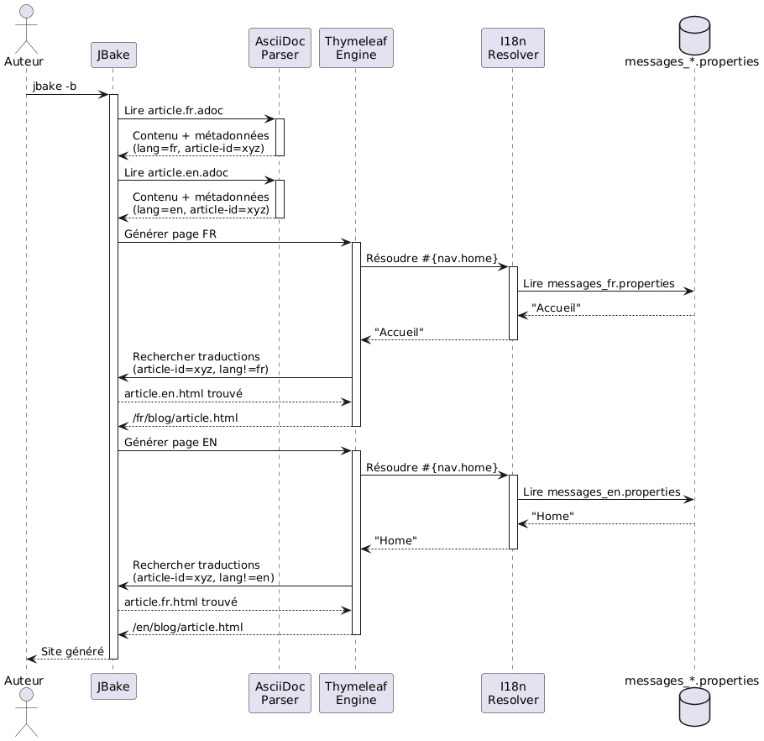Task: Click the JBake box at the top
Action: tap(113, 55)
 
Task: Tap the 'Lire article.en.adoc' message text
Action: tap(175, 172)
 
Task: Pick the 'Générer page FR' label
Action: tap(170, 234)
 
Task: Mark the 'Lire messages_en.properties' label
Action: tap(601, 491)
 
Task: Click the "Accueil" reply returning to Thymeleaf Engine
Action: tap(399, 333)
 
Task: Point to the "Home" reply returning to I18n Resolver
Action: tap(552, 516)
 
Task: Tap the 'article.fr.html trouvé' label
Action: tap(181, 602)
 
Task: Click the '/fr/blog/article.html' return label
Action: tap(185, 418)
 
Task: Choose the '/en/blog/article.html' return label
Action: tap(187, 627)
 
